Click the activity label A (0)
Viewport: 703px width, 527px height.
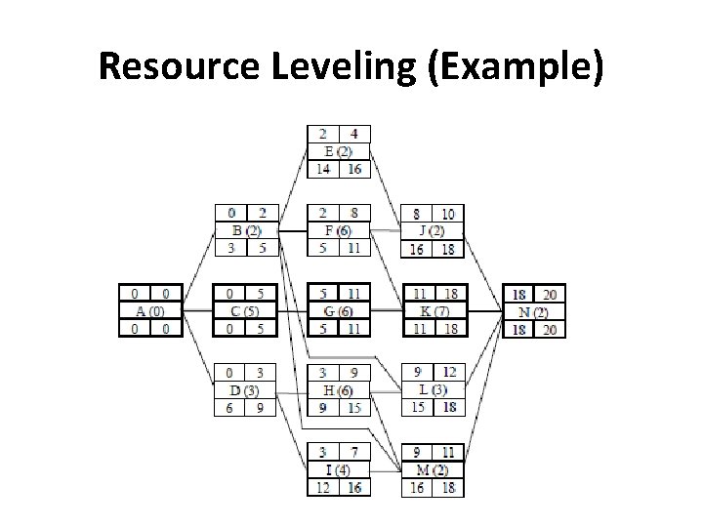(x=149, y=310)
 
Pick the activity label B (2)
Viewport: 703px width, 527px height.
(x=246, y=231)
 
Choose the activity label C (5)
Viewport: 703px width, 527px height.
(x=246, y=310)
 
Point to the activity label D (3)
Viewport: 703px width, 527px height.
(x=246, y=390)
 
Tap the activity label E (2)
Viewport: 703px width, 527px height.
(x=338, y=151)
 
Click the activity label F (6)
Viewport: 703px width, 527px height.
(x=338, y=231)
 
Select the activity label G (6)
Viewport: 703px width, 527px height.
(x=338, y=310)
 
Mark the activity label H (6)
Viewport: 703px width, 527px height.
(x=338, y=390)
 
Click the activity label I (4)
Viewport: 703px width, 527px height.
(x=338, y=469)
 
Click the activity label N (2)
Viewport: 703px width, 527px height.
(x=533, y=310)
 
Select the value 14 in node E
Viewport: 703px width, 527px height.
(x=321, y=169)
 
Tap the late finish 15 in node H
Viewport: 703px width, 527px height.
(x=353, y=408)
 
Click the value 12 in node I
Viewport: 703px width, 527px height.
(x=321, y=487)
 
